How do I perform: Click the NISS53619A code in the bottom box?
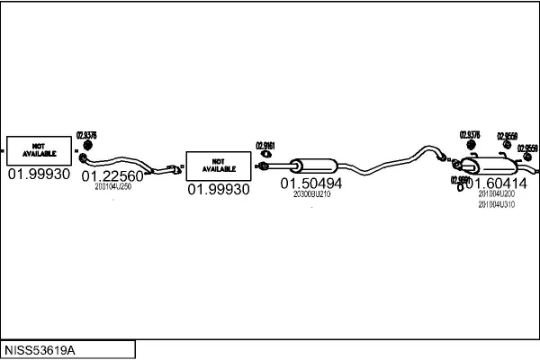[40, 348]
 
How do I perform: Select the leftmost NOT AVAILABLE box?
[39, 149]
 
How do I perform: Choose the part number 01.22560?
[112, 175]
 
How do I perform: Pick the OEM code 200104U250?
[113, 186]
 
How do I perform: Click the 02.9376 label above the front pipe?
[86, 135]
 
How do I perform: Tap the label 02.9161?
[265, 145]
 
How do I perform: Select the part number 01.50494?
[311, 183]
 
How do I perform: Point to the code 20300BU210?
[311, 193]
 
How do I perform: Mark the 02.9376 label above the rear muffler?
[470, 135]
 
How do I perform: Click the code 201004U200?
[496, 193]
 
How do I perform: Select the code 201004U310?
[496, 204]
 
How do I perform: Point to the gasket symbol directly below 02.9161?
[265, 156]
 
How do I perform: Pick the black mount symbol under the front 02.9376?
[88, 146]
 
